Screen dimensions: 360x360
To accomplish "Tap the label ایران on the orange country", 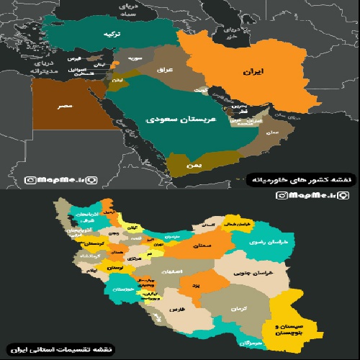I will [x=253, y=71].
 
